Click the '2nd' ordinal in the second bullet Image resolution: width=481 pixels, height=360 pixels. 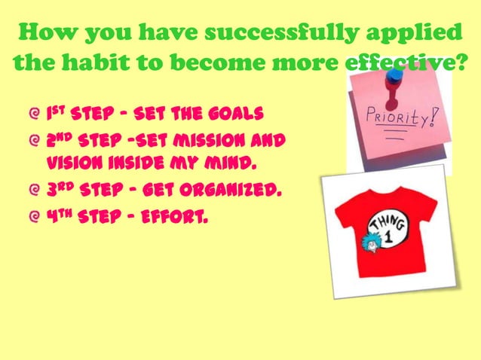tap(62, 140)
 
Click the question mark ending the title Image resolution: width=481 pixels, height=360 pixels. tap(461, 65)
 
